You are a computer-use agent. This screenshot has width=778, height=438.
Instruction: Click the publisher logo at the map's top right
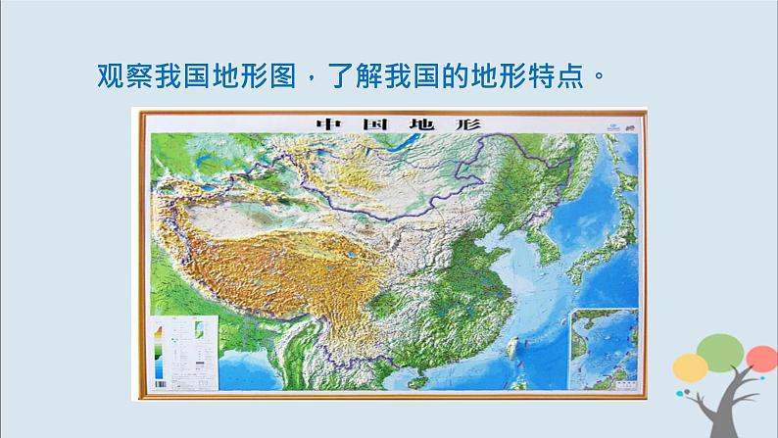coord(608,124)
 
